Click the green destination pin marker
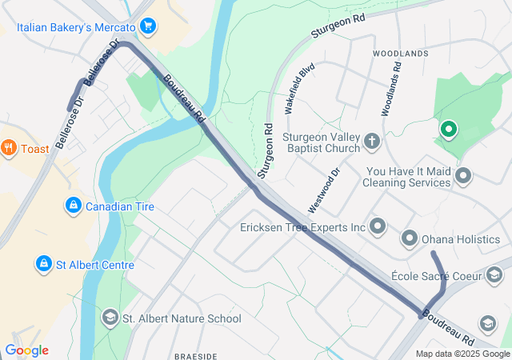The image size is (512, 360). [x=449, y=129]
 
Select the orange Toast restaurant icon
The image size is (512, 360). [x=9, y=147]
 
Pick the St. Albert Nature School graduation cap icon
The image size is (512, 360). [x=109, y=318]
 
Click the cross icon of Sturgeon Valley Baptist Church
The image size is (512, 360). [x=371, y=142]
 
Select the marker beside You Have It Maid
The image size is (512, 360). [x=462, y=175]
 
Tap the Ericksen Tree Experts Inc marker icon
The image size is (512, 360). [x=378, y=228]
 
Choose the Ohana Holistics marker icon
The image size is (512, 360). [x=410, y=238]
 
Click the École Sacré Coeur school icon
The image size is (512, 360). [x=494, y=276]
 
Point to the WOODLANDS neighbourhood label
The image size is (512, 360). [x=401, y=54]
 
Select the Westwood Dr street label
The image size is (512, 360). [x=325, y=190]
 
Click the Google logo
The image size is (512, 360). [x=26, y=350]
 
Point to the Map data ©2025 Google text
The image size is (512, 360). [x=462, y=354]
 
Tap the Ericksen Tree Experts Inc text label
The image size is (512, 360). [x=302, y=228]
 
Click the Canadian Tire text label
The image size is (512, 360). [x=120, y=206]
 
